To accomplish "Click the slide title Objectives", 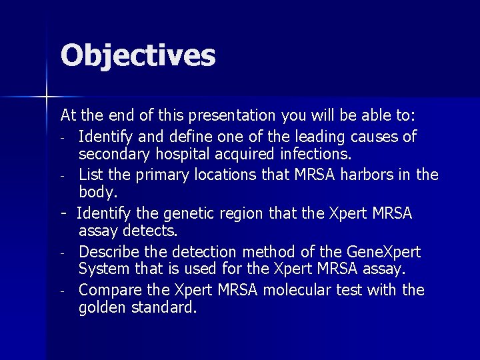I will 138,56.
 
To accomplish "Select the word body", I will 98,193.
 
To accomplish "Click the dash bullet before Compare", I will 61,291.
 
